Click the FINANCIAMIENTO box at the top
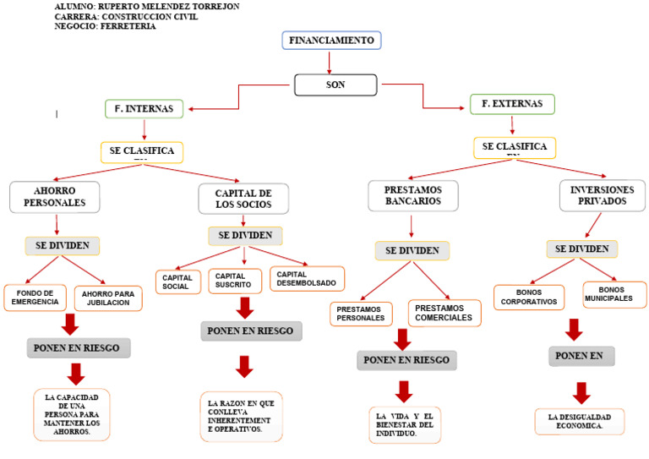[x=331, y=41]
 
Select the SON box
[x=335, y=85]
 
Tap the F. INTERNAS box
[x=144, y=108]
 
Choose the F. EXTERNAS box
[x=512, y=104]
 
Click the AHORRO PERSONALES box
[x=55, y=197]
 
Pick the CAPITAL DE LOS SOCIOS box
[x=243, y=199]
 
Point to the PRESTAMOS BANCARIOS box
[x=412, y=195]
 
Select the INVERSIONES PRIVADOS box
[x=603, y=195]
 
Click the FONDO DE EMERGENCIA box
[x=35, y=298]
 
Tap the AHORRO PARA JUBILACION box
[x=107, y=298]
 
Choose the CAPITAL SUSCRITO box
[x=234, y=281]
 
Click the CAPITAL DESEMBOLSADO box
[x=306, y=278]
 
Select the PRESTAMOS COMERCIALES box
[x=444, y=313]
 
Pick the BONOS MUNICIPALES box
[x=614, y=294]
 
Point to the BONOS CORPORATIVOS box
[x=528, y=297]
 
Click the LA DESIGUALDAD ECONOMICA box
[x=579, y=421]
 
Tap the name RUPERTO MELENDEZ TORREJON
[x=169, y=6]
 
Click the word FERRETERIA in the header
[x=128, y=26]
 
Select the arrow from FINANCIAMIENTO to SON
[x=330, y=63]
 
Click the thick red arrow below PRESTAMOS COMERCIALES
[x=402, y=339]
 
